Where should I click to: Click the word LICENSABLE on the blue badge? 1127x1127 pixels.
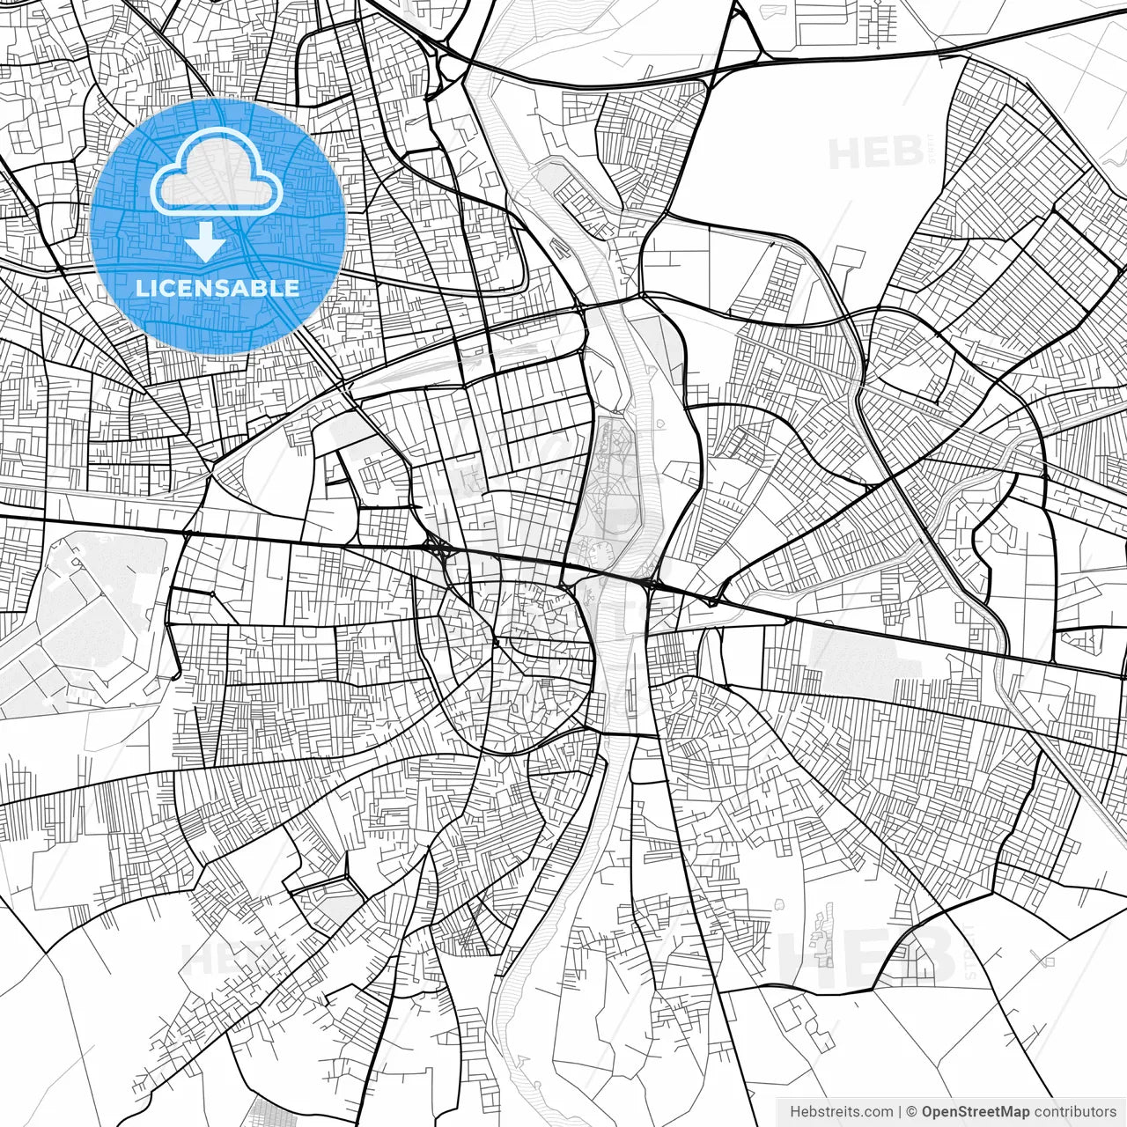click(x=217, y=288)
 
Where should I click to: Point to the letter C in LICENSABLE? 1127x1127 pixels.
click(x=170, y=288)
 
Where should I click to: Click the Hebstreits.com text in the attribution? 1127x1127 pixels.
click(x=841, y=1112)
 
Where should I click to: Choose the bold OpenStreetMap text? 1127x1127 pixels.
click(x=976, y=1112)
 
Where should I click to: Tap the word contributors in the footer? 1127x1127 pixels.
click(x=1075, y=1112)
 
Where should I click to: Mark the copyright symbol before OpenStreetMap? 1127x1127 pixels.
click(x=912, y=1112)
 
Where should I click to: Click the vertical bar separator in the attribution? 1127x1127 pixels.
click(x=900, y=1112)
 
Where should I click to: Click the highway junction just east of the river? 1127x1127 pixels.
click(x=652, y=582)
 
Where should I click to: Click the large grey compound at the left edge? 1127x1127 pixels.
click(x=84, y=616)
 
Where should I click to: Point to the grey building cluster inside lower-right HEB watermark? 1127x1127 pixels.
click(x=824, y=933)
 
